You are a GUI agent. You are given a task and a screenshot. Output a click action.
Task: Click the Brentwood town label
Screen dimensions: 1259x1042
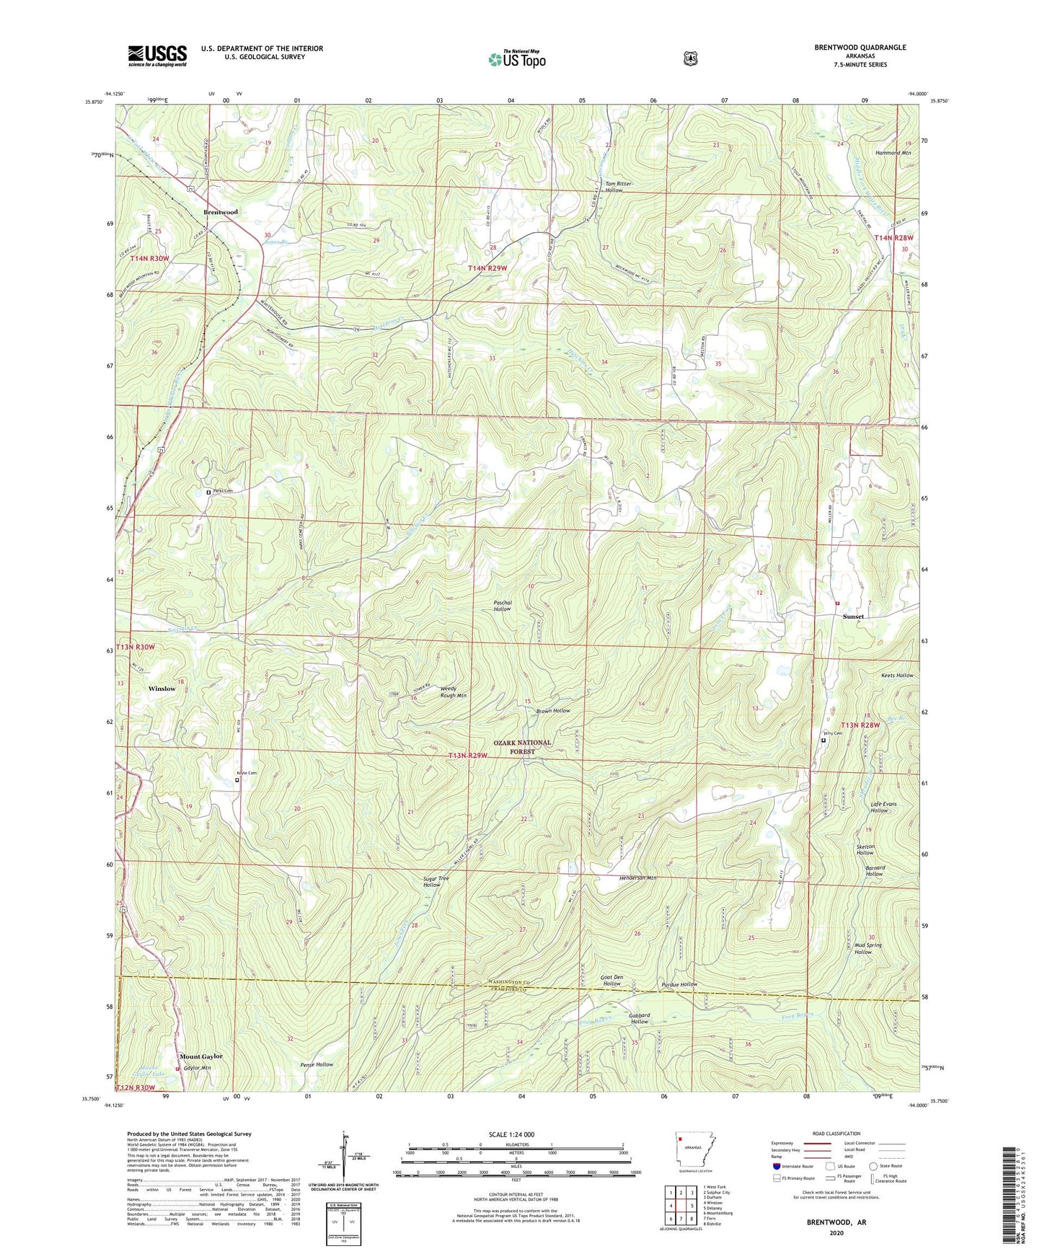tap(220, 212)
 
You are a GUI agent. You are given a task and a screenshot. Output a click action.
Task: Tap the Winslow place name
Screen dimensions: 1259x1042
tap(162, 689)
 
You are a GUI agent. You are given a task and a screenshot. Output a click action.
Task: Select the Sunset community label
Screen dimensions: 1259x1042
tap(853, 617)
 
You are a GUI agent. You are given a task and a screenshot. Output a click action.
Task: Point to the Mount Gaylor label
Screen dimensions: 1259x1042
tap(200, 1056)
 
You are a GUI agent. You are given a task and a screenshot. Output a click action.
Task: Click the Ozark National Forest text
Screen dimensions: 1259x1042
tap(522, 746)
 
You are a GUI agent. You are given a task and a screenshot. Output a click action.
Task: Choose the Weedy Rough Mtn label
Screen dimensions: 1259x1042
tap(453, 692)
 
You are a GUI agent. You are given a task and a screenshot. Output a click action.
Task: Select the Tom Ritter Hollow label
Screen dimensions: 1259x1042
tap(618, 187)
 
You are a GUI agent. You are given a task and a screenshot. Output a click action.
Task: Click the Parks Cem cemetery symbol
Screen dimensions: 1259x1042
tap(209, 492)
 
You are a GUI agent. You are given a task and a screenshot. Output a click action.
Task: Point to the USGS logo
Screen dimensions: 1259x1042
tap(157, 55)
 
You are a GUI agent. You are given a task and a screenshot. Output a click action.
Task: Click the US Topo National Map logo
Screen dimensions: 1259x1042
tap(516, 59)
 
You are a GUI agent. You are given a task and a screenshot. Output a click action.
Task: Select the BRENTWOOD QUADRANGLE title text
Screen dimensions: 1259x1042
tap(860, 48)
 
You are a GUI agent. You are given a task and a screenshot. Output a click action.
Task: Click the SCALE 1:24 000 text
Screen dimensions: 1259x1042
tap(511, 1135)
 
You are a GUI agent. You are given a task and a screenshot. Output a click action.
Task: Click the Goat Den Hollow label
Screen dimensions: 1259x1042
tap(611, 980)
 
